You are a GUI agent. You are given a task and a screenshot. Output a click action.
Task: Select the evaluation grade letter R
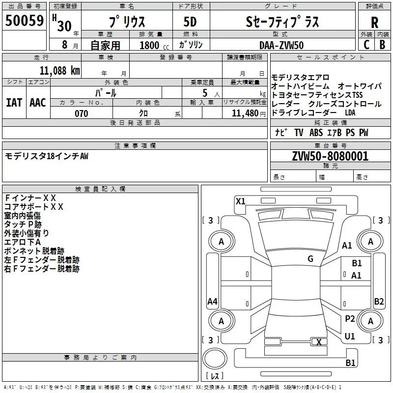pyautogui.click(x=374, y=22)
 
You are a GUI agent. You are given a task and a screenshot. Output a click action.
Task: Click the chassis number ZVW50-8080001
pyautogui.click(x=330, y=157)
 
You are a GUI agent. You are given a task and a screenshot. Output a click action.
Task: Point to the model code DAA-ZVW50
pyautogui.click(x=281, y=45)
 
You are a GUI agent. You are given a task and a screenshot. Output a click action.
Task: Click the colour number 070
pyautogui.click(x=81, y=113)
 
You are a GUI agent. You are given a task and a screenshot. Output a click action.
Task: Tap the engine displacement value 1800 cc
pyautogui.click(x=151, y=45)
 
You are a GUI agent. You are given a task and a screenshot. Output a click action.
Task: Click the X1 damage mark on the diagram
pyautogui.click(x=240, y=201)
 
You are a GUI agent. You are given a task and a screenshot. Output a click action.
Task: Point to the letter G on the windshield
pyautogui.click(x=310, y=259)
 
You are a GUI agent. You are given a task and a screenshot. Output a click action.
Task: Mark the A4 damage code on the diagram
pyautogui.click(x=212, y=302)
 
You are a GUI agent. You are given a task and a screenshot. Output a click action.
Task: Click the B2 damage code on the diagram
pyautogui.click(x=379, y=302)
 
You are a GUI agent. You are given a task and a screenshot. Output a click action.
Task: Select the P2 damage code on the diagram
pyautogui.click(x=350, y=319)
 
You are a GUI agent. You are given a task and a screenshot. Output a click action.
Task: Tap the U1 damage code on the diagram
pyautogui.click(x=350, y=337)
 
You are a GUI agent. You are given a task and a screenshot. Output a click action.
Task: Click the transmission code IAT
pyautogui.click(x=14, y=103)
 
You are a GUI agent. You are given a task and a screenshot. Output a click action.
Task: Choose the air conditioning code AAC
pyautogui.click(x=38, y=103)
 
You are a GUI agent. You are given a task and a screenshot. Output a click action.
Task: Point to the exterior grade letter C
pyautogui.click(x=366, y=45)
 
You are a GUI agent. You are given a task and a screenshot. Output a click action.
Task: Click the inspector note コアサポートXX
pyautogui.click(x=34, y=207)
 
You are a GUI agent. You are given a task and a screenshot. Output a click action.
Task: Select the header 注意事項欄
pyautogui.click(x=135, y=146)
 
